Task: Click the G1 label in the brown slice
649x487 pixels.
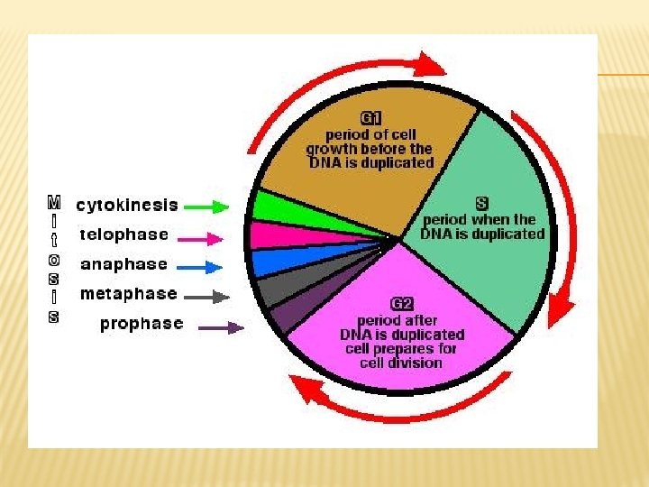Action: click(x=371, y=118)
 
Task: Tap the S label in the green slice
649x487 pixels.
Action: click(x=481, y=204)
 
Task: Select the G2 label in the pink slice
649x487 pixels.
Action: click(x=401, y=305)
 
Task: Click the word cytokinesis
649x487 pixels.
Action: click(x=127, y=206)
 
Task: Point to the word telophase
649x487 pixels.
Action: click(x=124, y=234)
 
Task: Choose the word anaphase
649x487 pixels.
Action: click(x=124, y=264)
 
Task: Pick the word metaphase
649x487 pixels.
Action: click(x=129, y=294)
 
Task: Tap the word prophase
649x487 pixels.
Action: click(x=142, y=324)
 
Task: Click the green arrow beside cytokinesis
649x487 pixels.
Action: click(x=212, y=206)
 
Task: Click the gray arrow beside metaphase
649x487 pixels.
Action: click(x=205, y=296)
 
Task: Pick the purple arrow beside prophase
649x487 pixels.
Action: click(x=221, y=327)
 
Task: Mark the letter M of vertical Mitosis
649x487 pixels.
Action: click(x=54, y=199)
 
